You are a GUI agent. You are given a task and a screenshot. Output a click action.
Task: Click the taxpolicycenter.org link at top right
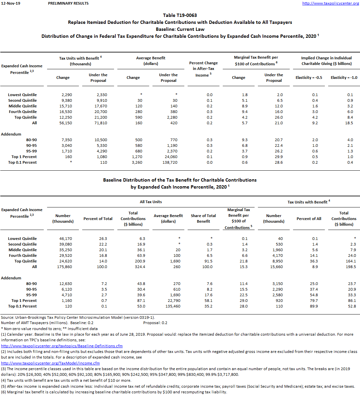(330, 3)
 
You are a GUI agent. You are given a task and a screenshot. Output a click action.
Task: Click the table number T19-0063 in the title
(180, 15)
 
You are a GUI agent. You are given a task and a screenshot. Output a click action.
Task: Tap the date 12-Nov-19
(11, 3)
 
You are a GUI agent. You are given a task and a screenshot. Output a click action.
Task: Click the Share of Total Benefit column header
(203, 218)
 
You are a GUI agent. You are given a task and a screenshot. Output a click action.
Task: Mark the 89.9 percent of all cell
(313, 306)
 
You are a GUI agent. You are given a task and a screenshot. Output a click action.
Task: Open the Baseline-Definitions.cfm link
(62, 346)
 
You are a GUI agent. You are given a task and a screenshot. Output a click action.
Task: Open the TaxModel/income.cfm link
(50, 363)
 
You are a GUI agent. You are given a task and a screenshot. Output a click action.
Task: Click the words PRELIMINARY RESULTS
(68, 3)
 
